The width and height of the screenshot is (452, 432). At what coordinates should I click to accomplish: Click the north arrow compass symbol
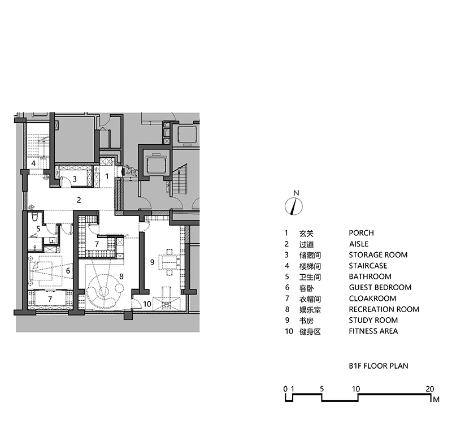tap(294, 205)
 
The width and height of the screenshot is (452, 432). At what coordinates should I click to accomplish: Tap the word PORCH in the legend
tap(361, 233)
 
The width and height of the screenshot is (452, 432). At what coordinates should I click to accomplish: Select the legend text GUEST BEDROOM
tap(380, 287)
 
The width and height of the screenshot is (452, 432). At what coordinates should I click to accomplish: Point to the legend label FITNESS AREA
tap(373, 331)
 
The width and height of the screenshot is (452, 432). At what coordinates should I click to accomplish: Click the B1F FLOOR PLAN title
tap(378, 366)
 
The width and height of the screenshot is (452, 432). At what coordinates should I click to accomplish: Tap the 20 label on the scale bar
tap(429, 389)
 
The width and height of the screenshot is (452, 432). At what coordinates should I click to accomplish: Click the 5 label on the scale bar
tap(321, 389)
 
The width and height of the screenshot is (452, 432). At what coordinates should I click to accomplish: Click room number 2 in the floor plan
tap(79, 200)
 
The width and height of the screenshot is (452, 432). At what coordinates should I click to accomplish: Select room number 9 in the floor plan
tap(151, 262)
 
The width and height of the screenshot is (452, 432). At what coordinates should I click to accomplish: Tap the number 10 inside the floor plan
tap(147, 304)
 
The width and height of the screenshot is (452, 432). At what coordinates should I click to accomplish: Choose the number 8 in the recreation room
tap(120, 277)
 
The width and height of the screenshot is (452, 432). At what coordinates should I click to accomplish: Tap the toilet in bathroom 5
tap(34, 218)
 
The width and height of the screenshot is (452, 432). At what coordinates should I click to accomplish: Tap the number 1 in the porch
tap(107, 176)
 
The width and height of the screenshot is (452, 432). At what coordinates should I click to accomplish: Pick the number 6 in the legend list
tap(286, 287)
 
